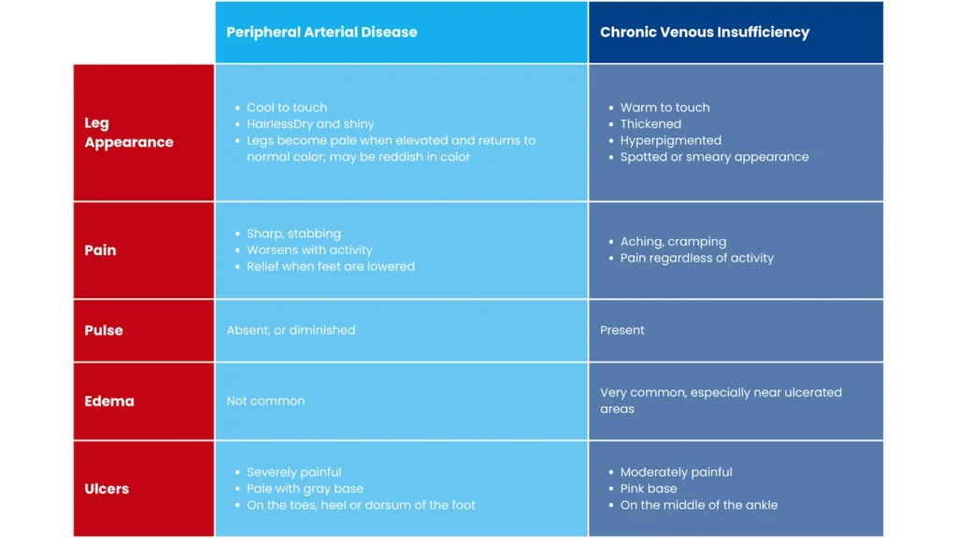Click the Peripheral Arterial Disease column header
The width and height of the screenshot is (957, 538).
[x=321, y=33]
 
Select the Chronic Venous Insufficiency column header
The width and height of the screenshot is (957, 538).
[x=705, y=33]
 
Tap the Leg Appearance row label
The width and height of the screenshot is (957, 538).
[x=129, y=133]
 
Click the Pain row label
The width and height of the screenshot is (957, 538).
[x=100, y=250]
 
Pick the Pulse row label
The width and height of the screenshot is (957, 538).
[x=104, y=330]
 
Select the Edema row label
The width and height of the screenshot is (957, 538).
[x=109, y=401]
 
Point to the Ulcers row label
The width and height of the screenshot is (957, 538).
[x=107, y=488]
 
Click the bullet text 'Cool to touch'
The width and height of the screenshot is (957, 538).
[x=287, y=107]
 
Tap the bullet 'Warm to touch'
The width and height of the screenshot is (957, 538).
[x=664, y=107]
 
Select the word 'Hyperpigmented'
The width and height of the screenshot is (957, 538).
[x=671, y=140]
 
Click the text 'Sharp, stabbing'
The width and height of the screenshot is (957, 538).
[x=293, y=234]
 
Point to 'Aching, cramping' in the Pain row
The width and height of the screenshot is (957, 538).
[x=673, y=242]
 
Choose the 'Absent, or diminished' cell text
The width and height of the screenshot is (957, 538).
[x=291, y=330]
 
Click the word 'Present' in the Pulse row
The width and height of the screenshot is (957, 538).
[x=621, y=330]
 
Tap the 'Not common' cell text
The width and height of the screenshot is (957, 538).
[x=265, y=401]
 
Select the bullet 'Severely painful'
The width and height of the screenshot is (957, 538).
[x=293, y=472]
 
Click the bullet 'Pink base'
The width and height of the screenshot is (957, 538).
[x=649, y=488]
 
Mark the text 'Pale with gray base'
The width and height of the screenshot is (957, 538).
[x=305, y=488]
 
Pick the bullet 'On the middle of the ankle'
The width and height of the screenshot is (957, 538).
[x=699, y=505]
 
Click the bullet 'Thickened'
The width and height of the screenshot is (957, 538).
[x=650, y=124]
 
